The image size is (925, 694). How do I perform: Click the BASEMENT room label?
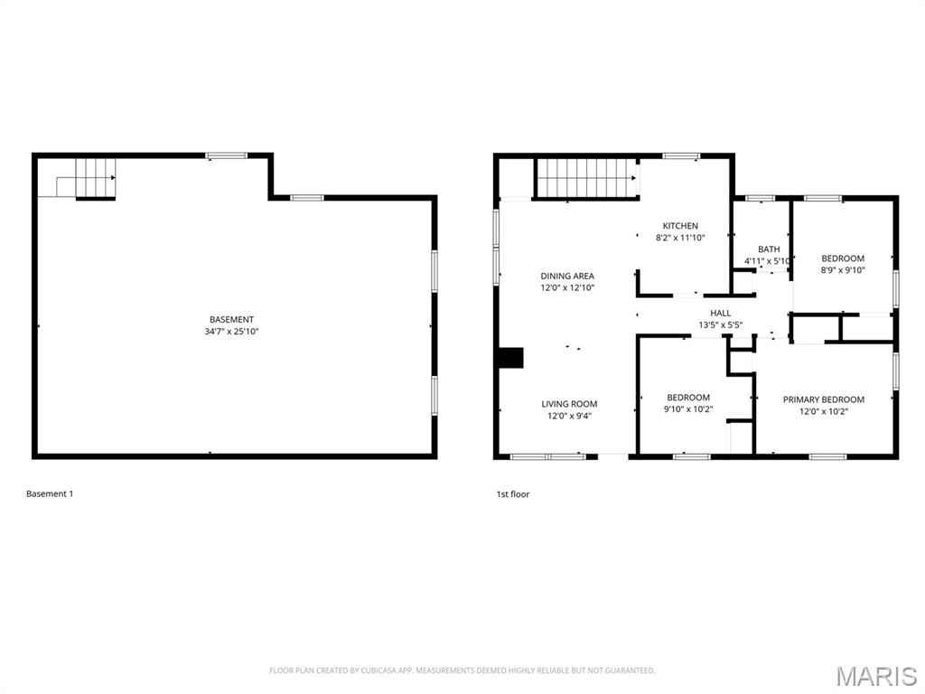(231, 319)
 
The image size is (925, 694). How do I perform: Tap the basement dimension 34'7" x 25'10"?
(231, 332)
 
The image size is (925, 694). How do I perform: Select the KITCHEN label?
(680, 226)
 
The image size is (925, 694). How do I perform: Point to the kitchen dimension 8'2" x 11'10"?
(680, 238)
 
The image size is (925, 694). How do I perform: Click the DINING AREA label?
(567, 276)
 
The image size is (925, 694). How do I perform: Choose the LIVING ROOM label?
(569, 404)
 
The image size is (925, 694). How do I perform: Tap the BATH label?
(769, 249)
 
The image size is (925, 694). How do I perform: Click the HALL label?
(720, 313)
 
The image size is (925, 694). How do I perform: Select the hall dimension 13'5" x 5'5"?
(720, 324)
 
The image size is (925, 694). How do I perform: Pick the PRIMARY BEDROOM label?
(823, 399)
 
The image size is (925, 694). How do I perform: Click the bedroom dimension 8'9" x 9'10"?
(842, 269)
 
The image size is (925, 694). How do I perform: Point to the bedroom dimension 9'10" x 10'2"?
(688, 409)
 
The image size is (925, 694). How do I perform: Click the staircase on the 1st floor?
(584, 177)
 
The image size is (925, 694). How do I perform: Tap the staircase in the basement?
(95, 177)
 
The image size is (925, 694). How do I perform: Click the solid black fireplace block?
(510, 358)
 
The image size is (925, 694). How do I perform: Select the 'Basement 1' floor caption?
(50, 493)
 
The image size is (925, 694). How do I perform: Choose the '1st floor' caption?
(512, 494)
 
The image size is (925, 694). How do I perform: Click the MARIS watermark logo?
(876, 676)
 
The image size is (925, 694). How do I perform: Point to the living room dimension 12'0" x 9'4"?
(569, 416)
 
